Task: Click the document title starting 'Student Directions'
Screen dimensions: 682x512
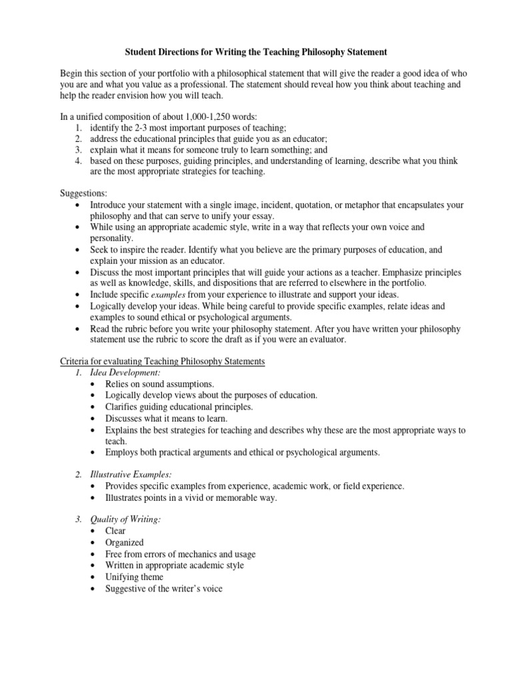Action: coord(257,51)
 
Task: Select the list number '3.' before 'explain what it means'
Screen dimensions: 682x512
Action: coord(78,150)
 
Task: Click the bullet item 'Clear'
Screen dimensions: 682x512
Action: coord(115,531)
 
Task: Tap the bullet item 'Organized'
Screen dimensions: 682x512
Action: coord(124,543)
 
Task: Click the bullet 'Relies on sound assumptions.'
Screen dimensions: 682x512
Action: coord(159,384)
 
